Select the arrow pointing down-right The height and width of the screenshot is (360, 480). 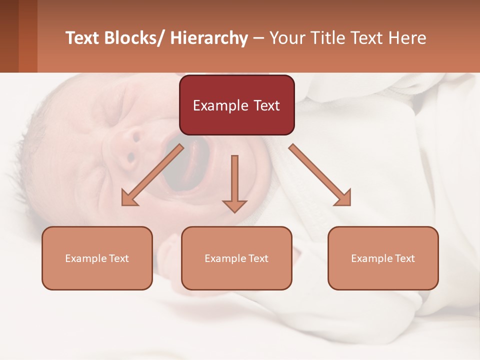[x=319, y=174]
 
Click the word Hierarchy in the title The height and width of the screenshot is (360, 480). [x=209, y=38]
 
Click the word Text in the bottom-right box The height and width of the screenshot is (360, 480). [x=404, y=258]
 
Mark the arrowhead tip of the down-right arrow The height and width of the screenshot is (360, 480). [x=349, y=204]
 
